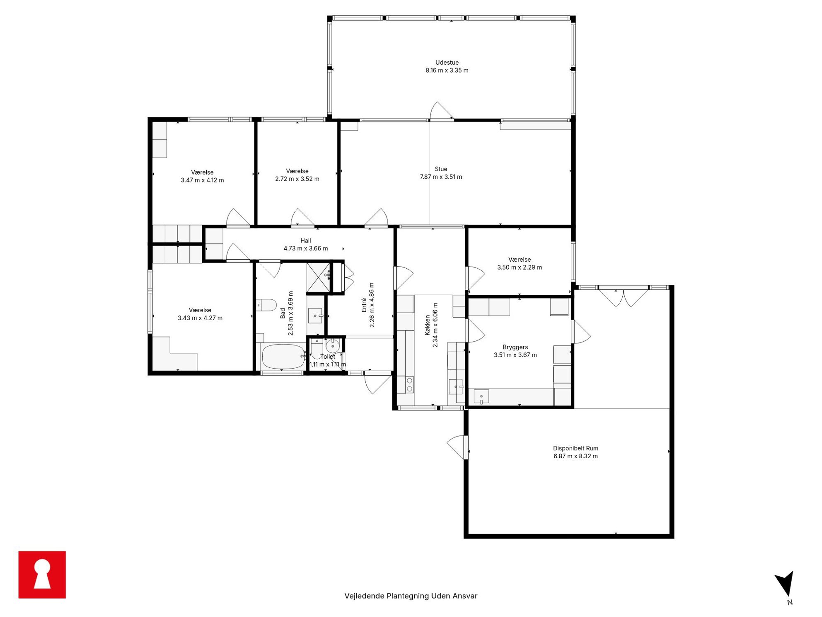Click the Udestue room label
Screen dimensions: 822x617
(447, 63)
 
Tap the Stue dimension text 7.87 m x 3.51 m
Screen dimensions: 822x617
(441, 177)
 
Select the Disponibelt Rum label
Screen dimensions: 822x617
(575, 448)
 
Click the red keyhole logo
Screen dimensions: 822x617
(42, 575)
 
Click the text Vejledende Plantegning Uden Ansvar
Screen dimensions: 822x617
(411, 596)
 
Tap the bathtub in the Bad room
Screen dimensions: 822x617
(284, 357)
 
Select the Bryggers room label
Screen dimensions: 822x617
(515, 347)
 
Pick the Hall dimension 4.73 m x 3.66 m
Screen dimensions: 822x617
(306, 248)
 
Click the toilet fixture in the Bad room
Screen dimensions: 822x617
(266, 305)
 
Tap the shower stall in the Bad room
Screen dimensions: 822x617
(318, 277)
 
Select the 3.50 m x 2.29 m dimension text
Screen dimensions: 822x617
(520, 267)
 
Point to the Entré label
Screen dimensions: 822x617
(364, 305)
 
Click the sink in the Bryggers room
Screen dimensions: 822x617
(481, 396)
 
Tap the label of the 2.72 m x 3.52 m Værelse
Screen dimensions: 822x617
(297, 171)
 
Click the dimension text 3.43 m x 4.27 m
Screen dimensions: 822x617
(200, 318)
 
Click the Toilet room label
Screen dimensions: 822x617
(327, 357)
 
